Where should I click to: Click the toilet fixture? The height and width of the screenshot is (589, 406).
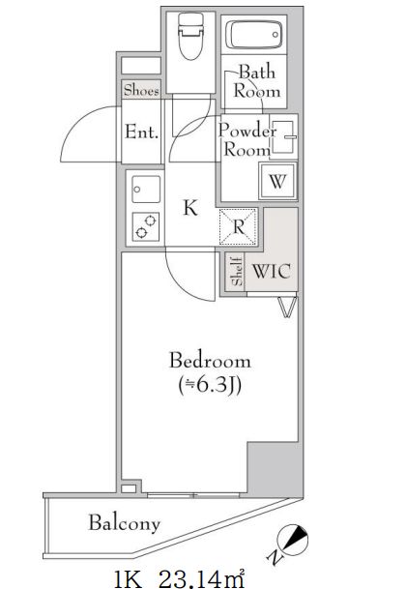point(190,36)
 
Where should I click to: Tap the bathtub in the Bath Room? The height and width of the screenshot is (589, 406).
point(254,35)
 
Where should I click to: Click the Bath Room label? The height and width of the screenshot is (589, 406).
point(257,81)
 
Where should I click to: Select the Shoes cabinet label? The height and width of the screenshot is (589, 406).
point(141,90)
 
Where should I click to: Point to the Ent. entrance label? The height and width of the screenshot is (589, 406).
point(141,132)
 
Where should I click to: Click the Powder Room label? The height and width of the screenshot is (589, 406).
point(246,139)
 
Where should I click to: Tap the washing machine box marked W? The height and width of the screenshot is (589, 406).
point(277,182)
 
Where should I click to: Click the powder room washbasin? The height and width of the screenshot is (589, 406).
point(283,136)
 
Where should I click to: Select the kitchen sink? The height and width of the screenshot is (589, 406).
point(146,189)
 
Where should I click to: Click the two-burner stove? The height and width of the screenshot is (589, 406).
point(146,227)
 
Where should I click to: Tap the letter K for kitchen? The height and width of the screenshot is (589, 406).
point(190,207)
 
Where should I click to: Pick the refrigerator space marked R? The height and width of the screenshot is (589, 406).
point(238,227)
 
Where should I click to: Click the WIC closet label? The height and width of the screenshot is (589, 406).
point(272,271)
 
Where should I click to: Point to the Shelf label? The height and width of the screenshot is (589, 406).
point(237,271)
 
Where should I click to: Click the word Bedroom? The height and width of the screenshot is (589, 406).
point(210,360)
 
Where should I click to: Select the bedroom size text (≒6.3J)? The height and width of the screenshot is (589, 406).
point(210,385)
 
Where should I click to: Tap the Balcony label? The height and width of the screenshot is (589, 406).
point(125,523)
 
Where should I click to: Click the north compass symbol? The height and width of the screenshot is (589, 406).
point(291,540)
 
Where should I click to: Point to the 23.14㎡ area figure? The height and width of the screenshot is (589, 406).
point(203,580)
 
